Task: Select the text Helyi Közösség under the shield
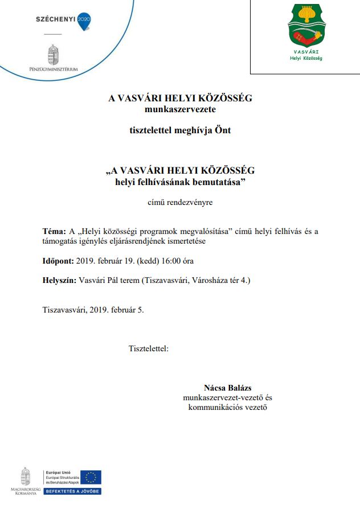click(306, 58)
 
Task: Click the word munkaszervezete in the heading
click(180, 108)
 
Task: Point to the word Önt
click(223, 130)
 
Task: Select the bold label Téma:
click(55, 232)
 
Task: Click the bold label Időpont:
click(58, 261)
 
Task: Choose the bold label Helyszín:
click(59, 281)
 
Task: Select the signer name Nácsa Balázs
click(228, 387)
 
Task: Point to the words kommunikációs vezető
click(228, 407)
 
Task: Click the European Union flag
click(91, 477)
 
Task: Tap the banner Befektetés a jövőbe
click(72, 491)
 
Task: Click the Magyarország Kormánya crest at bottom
click(25, 477)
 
